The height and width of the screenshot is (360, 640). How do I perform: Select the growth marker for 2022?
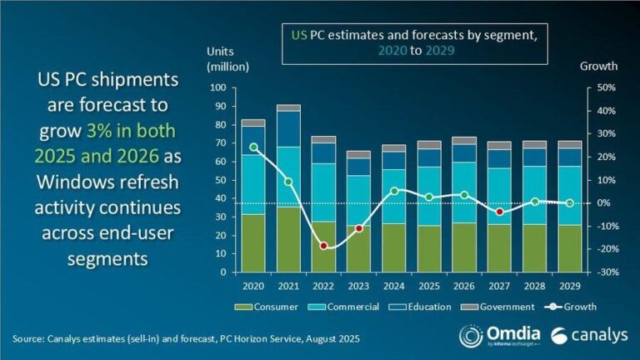point(323,246)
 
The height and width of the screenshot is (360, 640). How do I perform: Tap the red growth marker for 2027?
point(499,212)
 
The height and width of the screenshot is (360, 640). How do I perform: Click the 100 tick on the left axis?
point(218,87)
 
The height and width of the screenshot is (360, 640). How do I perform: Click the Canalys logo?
point(583,335)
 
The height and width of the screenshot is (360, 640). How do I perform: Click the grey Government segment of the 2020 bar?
point(253,122)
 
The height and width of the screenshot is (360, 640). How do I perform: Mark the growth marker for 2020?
point(253,147)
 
